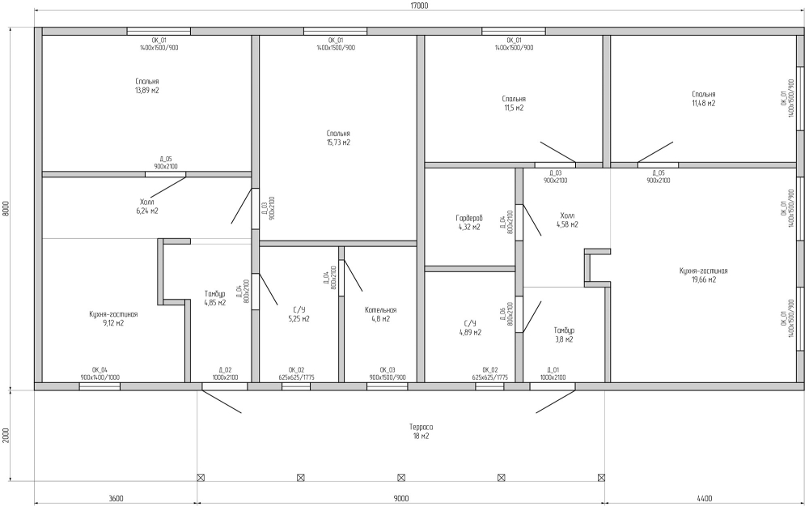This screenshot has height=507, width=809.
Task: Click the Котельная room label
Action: [x=380, y=310]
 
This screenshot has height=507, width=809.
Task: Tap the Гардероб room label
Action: [x=468, y=219]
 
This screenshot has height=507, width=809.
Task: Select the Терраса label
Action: [x=421, y=428]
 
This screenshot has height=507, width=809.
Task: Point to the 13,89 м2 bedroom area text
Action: [x=147, y=91]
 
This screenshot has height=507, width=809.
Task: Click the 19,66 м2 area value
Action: [x=705, y=280]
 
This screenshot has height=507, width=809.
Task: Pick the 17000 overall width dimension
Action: [x=419, y=6]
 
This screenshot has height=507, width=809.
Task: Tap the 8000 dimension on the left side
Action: [x=6, y=207]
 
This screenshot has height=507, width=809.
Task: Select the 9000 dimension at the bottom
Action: [x=401, y=498]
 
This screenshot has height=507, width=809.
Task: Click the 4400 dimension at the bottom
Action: [x=705, y=498]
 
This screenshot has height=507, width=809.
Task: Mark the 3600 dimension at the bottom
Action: [x=116, y=498]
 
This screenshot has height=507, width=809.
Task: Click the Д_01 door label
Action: [x=553, y=369]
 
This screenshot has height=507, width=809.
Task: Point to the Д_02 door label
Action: [x=225, y=369]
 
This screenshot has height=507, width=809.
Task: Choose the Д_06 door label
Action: [x=503, y=315]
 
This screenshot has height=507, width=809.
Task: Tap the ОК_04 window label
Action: [x=100, y=369]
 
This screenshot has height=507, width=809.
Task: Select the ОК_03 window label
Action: [x=388, y=369]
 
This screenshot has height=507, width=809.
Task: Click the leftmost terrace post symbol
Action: [x=201, y=478]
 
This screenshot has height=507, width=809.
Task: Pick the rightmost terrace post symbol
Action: [x=601, y=478]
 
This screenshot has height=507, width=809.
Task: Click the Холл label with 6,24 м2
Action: [x=146, y=202]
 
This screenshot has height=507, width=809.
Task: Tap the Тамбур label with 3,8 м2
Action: [x=564, y=330]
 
